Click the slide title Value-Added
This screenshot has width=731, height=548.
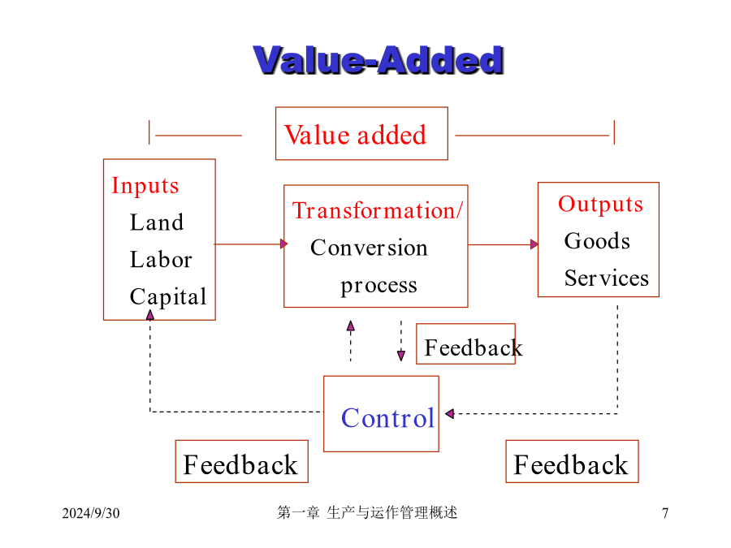coord(378,60)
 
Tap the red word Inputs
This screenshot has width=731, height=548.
coord(145,186)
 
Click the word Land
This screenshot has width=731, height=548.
coord(157,222)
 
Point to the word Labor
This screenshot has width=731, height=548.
coord(161,259)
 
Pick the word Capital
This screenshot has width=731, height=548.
coord(168,297)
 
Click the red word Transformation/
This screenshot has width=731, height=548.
coord(378,210)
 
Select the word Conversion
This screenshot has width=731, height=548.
coord(369,248)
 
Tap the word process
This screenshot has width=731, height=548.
coord(378,286)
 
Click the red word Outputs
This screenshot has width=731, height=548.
coord(600,205)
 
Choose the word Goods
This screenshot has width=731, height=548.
coord(597,241)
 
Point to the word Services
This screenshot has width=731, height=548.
coord(607,278)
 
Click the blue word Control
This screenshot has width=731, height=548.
coord(388,418)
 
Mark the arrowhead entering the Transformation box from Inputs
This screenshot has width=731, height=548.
coord(284,244)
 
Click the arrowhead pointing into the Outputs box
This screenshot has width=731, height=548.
coord(534,244)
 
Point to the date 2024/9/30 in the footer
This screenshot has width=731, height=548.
coord(91,513)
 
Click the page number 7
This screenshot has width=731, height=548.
coord(665,513)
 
